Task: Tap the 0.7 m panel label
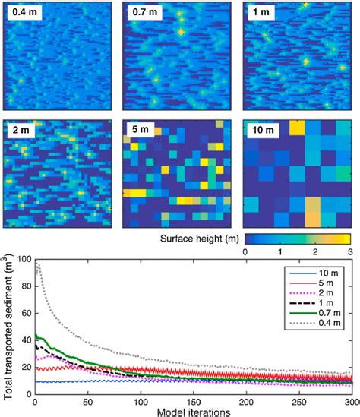tap(142, 13)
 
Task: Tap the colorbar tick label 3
tap(349, 251)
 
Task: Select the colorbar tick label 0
tap(245, 251)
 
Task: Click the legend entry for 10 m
tap(325, 270)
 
